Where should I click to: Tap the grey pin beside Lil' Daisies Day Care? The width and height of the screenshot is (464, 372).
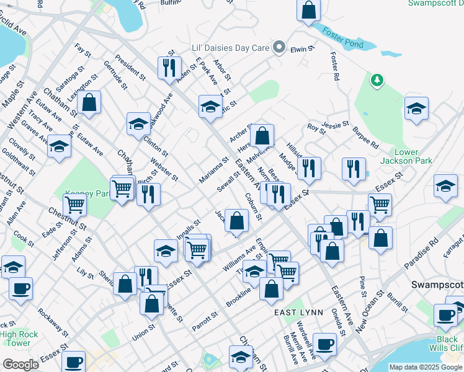[280, 47]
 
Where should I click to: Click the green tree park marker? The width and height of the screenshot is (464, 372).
[377, 80]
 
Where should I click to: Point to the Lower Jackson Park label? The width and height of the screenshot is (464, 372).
[414, 156]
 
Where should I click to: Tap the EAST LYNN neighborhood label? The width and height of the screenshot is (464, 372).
[299, 312]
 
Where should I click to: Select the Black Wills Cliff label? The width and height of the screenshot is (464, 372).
[447, 343]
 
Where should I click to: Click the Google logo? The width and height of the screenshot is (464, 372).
[20, 364]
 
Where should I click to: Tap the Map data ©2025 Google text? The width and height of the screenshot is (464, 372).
[426, 367]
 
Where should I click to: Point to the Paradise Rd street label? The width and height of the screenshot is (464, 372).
[422, 250]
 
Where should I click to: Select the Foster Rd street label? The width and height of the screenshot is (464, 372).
[336, 67]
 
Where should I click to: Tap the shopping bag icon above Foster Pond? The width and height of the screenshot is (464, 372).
[308, 11]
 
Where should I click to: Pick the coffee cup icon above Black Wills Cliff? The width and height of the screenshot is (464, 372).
[447, 314]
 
